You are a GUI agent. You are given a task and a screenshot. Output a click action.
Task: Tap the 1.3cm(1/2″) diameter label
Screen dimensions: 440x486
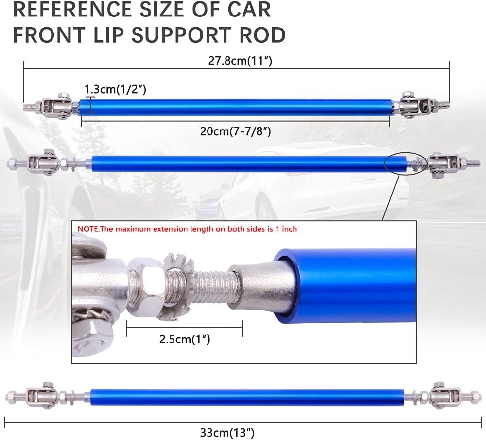pos(115,89)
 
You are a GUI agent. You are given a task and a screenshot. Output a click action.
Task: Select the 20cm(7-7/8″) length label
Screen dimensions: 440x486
pos(235,131)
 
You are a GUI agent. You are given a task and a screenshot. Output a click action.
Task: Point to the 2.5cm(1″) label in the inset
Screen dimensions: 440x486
pos(184,339)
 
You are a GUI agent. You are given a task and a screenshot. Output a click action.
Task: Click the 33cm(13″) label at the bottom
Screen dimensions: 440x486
pos(227,432)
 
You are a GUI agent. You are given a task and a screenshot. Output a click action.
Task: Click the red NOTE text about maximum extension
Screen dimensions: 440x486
pos(187,229)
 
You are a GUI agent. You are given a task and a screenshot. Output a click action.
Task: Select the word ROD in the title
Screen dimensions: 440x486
pos(262,35)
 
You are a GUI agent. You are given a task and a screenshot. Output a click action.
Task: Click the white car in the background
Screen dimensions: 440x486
pos(301,189)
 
